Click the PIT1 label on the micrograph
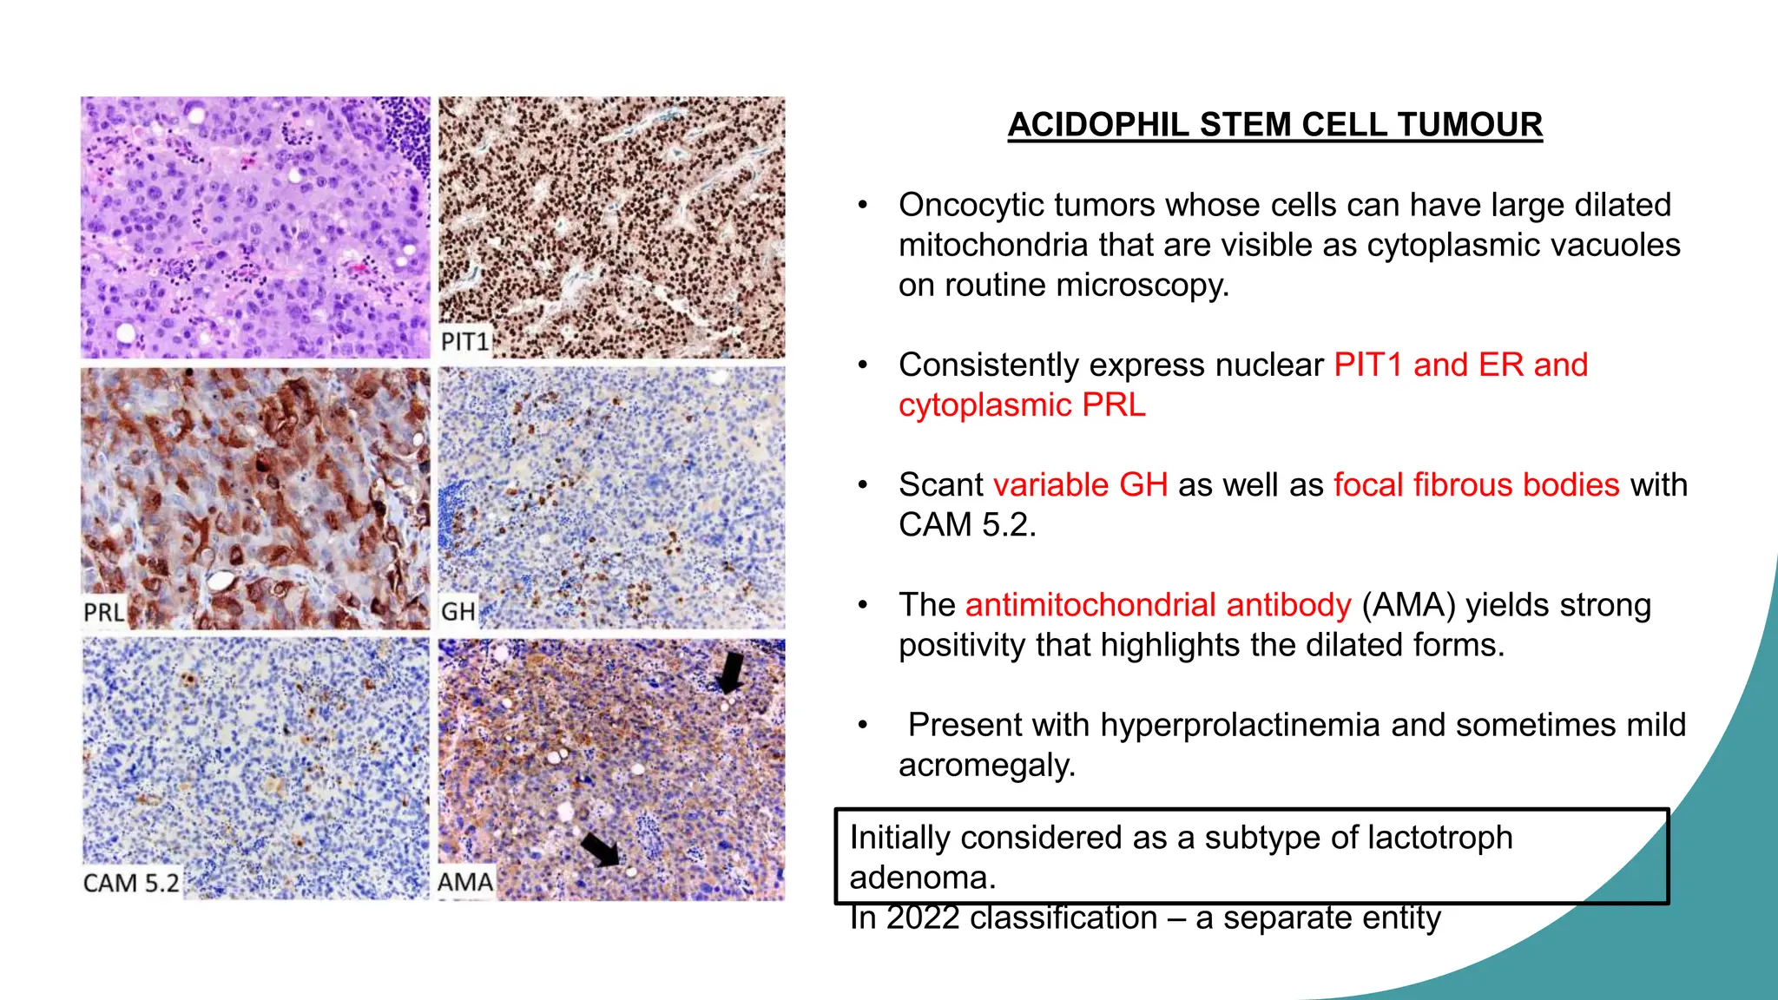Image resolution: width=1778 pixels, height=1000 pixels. coord(464,341)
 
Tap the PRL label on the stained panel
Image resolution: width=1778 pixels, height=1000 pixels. coord(103,612)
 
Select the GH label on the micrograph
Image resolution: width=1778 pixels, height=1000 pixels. coord(458,612)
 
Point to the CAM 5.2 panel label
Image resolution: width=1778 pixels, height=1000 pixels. coord(131,883)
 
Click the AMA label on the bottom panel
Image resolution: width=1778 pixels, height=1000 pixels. coord(464,882)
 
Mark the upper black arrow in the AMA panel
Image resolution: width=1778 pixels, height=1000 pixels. coord(731,672)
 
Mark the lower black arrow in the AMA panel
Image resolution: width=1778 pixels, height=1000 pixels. coord(601,849)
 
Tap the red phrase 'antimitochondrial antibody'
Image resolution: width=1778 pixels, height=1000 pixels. coord(1158,605)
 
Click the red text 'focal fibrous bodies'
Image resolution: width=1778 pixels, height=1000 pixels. coord(1476,484)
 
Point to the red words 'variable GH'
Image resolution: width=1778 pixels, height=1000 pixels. coord(1080,484)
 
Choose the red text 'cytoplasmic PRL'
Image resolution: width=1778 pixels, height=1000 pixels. coord(1022,405)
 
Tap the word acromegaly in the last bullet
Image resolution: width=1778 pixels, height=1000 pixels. coord(985,766)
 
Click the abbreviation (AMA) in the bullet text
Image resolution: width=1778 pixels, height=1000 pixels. coord(1408,605)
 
